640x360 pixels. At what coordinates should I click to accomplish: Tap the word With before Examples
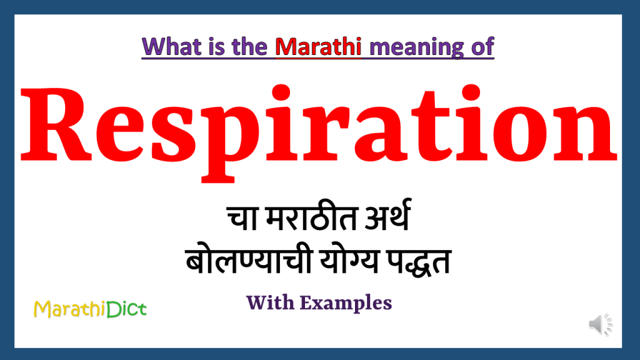coord(271,303)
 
